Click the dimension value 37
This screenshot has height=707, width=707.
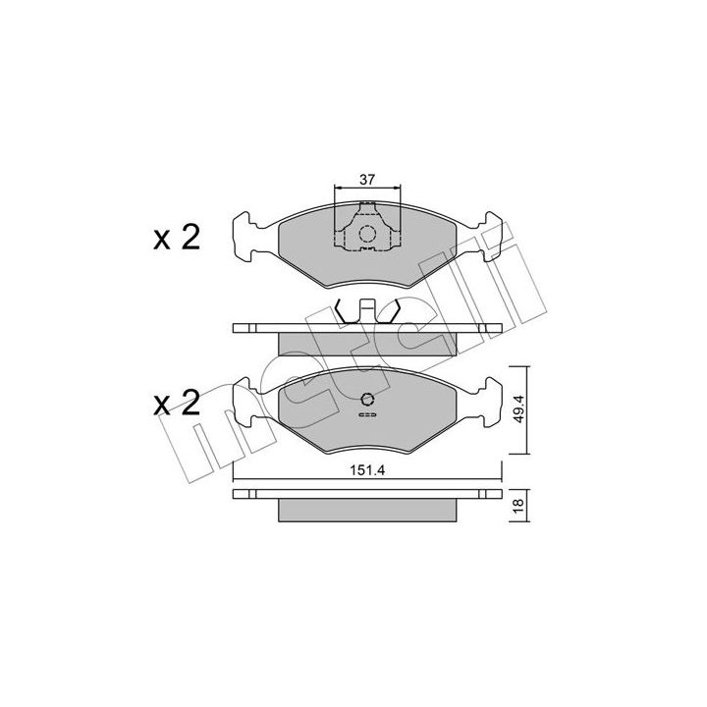tap(367, 180)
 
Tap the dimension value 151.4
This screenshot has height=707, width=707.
tap(367, 470)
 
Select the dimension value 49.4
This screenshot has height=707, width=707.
tap(518, 408)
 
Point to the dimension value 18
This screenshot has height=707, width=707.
tap(518, 504)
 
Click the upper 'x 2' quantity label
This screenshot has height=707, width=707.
tap(177, 238)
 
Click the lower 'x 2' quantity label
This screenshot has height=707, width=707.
tap(177, 403)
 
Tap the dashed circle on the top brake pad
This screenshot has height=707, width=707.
tap(367, 234)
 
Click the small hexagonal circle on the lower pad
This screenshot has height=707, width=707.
tap(368, 399)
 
